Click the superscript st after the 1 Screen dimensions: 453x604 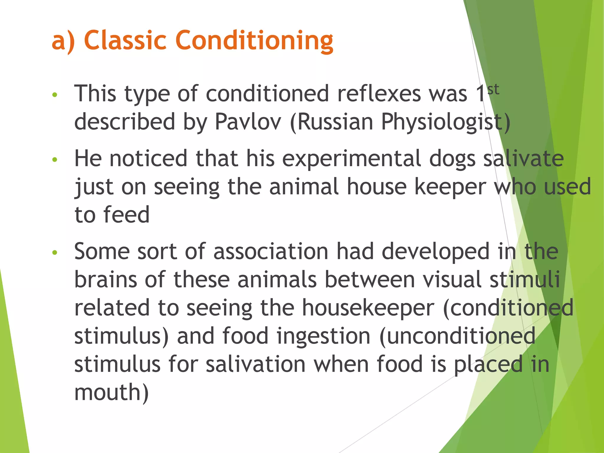click(493, 89)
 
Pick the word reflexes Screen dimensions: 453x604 click(379, 94)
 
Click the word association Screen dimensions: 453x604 click(271, 251)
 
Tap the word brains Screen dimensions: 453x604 click(105, 279)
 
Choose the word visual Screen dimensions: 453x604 click(452, 279)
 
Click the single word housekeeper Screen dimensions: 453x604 click(368, 307)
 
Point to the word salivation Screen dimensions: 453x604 click(255, 364)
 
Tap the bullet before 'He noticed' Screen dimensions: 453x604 click(55, 160)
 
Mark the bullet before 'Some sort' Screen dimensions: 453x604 click(55, 252)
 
